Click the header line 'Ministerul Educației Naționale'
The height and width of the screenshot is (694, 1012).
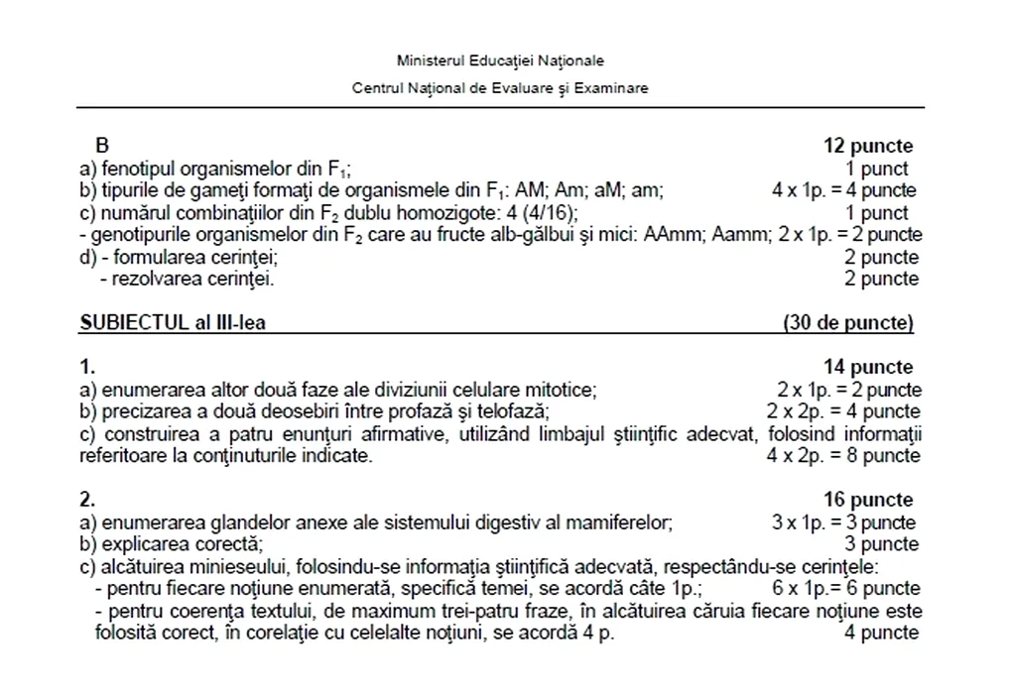coord(500,61)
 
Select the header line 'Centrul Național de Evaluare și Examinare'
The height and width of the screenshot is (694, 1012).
coord(500,88)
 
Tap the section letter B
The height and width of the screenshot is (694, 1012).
coord(101,147)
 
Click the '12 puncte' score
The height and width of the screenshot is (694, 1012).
coord(868,147)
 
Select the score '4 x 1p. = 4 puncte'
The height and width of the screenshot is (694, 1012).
coord(844,190)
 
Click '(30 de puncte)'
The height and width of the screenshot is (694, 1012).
coord(848,322)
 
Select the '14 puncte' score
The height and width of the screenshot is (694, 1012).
coord(868,368)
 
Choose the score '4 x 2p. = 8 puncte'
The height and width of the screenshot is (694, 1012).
coord(844,456)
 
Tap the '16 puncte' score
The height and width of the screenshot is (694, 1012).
coord(868,500)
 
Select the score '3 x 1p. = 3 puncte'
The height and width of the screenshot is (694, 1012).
coord(844,521)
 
